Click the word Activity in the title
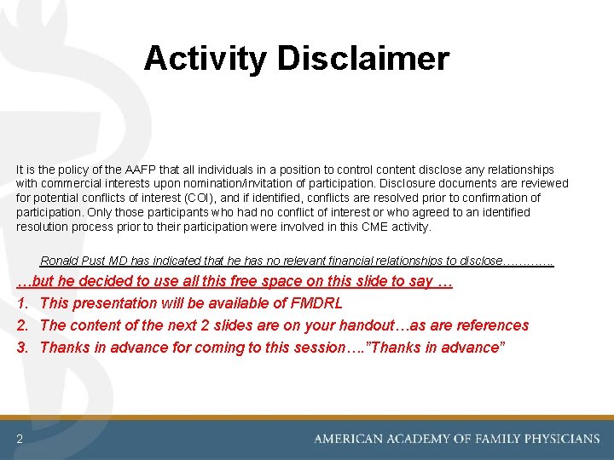pos(206,59)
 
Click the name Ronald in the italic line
pos(61,261)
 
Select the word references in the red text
pos(492,325)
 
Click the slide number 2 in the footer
pos(19,439)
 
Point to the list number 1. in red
pos(24,303)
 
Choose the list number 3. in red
pos(24,348)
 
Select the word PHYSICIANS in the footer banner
pos(559,439)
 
